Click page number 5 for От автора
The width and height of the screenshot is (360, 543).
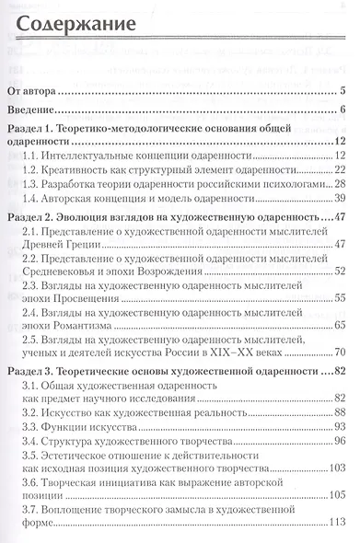342,91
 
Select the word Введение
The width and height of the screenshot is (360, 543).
33,111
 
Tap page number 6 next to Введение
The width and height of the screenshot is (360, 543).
342,111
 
